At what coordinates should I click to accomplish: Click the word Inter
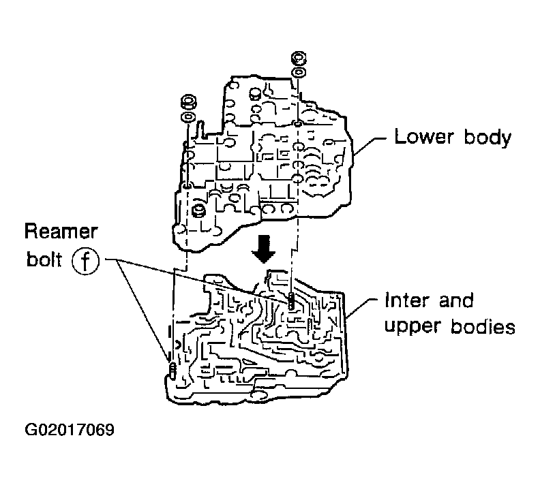click(x=406, y=300)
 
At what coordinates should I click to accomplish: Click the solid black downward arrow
click(x=263, y=253)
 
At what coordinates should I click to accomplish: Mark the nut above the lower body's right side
click(x=298, y=57)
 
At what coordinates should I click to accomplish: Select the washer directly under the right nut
click(x=298, y=72)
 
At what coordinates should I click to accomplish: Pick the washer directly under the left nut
click(x=186, y=116)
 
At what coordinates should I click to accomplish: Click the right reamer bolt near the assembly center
click(x=291, y=301)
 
